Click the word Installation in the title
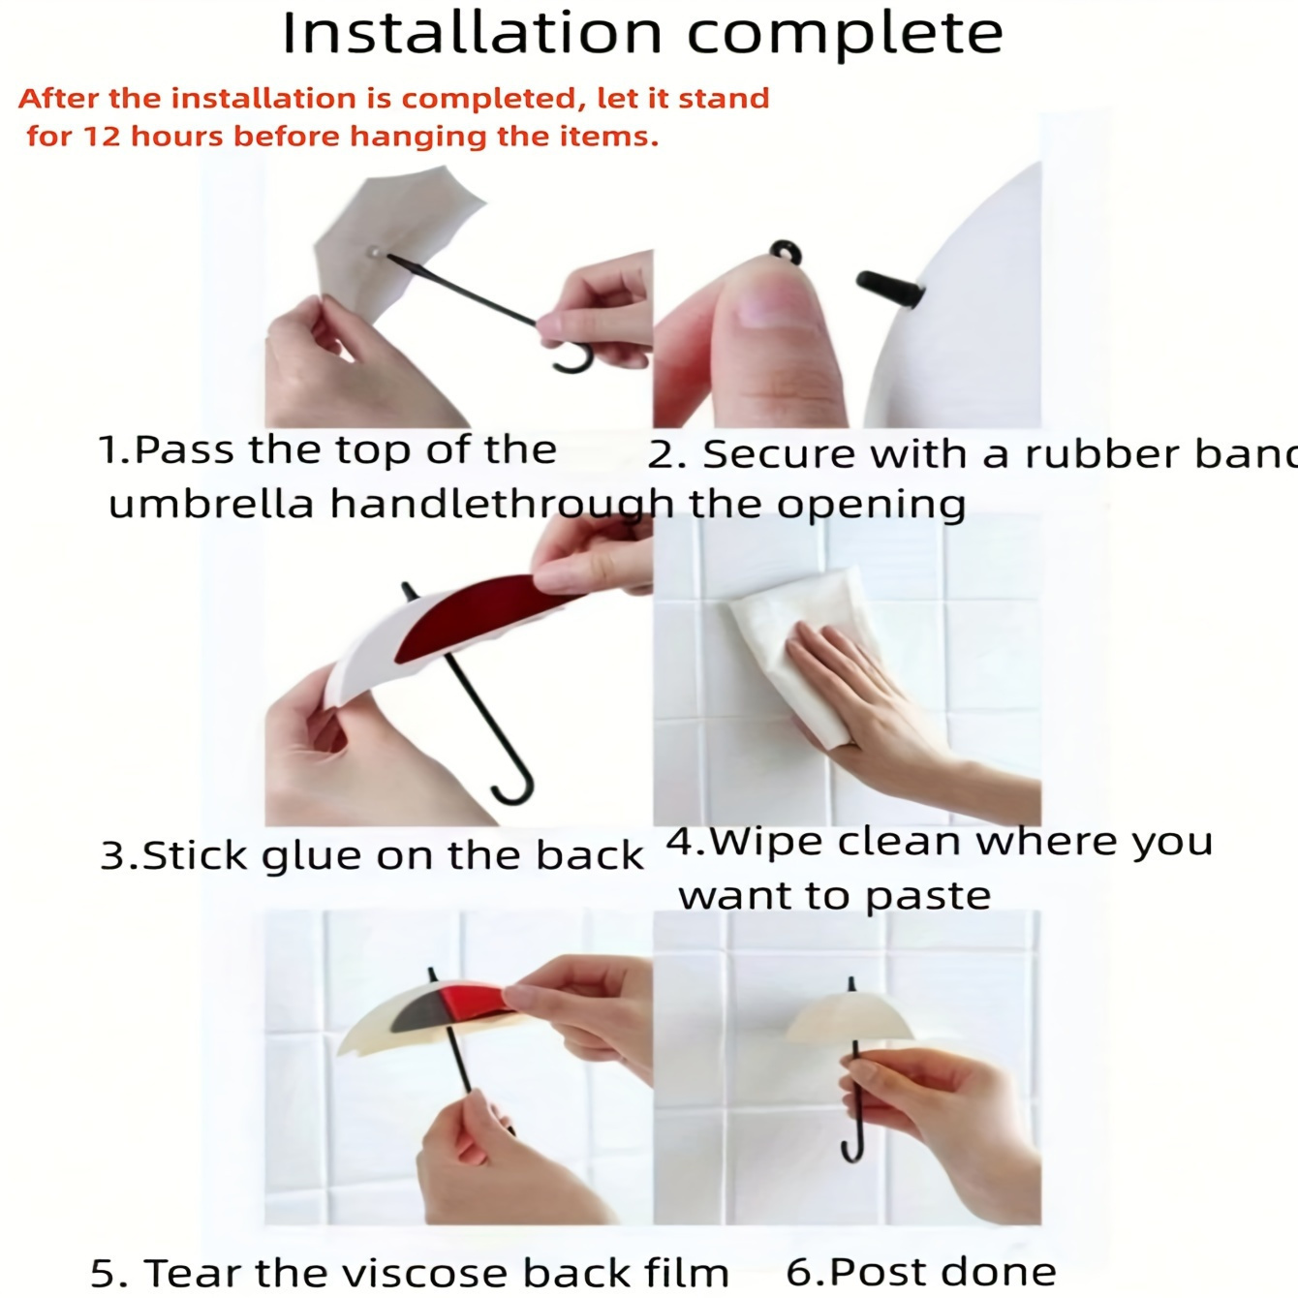pos(472,33)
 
